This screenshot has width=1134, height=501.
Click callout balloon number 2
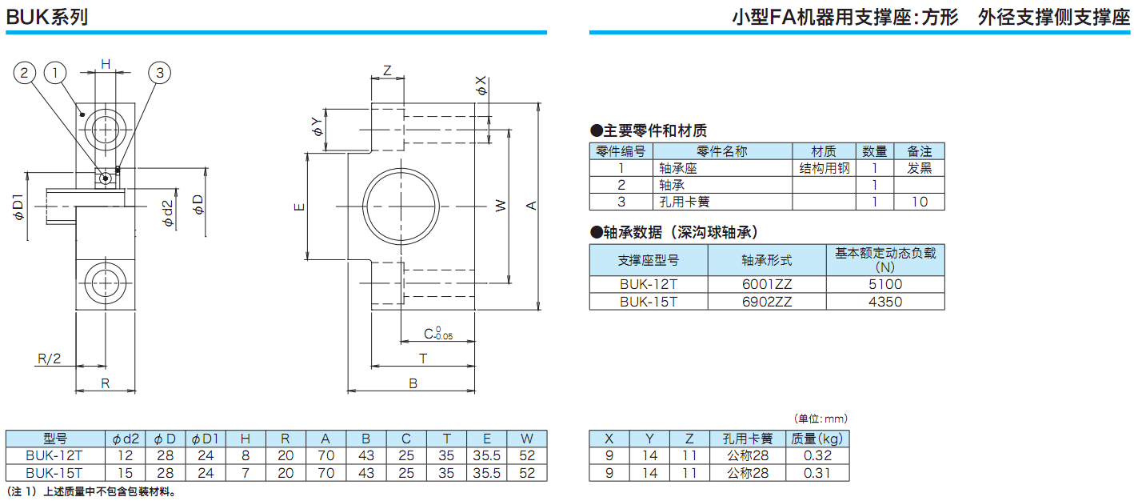25,73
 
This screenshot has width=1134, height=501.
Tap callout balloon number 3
160,73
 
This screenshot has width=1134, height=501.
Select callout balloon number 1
54,73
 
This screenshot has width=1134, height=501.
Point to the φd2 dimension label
167,213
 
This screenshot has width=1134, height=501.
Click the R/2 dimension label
49,359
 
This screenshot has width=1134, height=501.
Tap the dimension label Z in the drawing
388,70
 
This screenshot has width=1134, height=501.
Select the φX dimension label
481,86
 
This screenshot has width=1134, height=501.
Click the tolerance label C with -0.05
437,335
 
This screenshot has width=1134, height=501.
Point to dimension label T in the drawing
423,359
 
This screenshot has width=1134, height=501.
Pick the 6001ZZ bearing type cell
767,284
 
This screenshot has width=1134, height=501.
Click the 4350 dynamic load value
884,302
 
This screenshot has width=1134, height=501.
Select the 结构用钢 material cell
824,168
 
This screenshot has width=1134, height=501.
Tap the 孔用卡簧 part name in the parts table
685,202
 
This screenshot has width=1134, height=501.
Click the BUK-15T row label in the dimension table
55,473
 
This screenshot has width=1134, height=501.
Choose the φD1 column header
206,439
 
